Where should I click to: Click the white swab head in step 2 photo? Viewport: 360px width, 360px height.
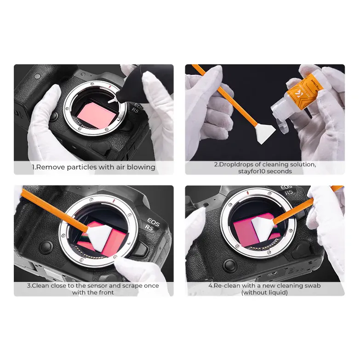click(x=265, y=134)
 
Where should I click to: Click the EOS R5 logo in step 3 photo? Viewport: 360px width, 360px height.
click(x=152, y=224)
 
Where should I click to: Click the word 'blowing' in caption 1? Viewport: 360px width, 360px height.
click(x=141, y=167)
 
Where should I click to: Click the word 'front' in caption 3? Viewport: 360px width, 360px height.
click(x=106, y=292)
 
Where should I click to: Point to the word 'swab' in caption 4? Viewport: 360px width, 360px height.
click(x=313, y=286)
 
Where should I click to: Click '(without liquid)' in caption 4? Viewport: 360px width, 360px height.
click(x=264, y=292)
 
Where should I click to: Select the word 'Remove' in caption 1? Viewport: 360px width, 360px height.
click(x=51, y=167)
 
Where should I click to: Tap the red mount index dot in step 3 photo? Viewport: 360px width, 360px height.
click(x=114, y=201)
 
